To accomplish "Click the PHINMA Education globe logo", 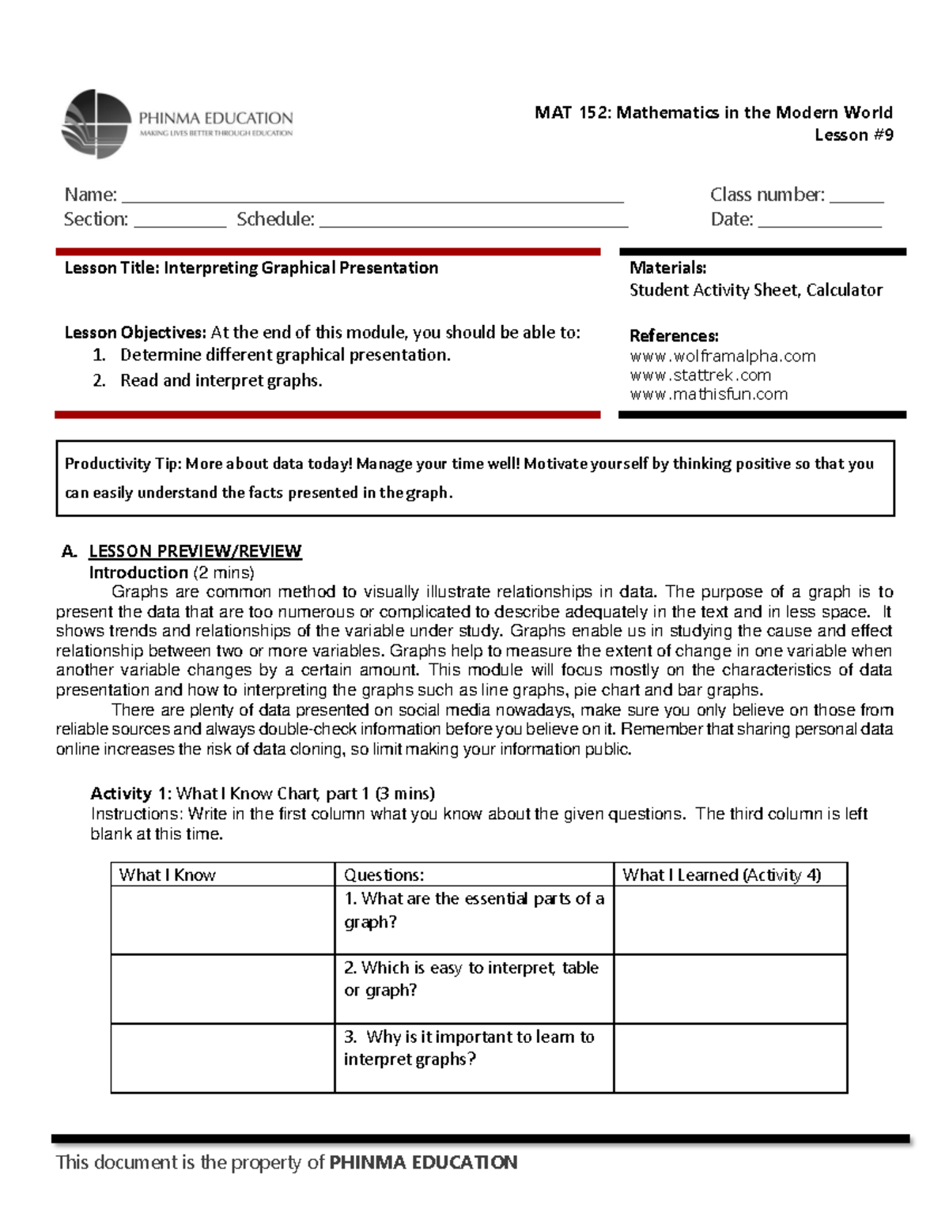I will click(x=96, y=124).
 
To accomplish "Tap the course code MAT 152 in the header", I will click(x=572, y=112).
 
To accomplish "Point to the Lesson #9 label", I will click(x=853, y=135).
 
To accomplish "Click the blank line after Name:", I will click(x=372, y=198).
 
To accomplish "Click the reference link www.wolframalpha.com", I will click(x=722, y=356).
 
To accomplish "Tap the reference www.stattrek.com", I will click(x=700, y=375).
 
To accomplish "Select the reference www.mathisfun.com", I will click(x=709, y=394).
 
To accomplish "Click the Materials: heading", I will click(x=667, y=268).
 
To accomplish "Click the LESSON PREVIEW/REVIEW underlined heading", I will click(x=195, y=551).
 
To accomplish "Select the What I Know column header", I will click(x=167, y=875).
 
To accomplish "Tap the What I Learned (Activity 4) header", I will click(x=721, y=875).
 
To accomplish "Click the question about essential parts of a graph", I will click(x=473, y=910).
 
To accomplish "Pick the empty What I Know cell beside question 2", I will click(x=222, y=988).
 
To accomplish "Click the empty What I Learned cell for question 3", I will click(x=730, y=1058).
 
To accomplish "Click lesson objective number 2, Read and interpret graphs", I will click(x=221, y=380).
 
